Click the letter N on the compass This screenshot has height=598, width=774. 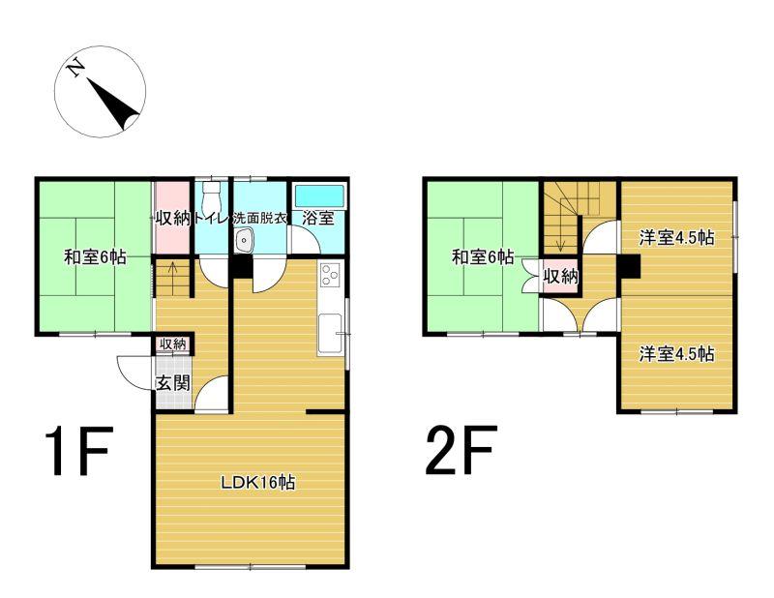tap(75, 68)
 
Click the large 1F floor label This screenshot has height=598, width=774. tap(79, 451)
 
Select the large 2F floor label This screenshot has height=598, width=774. tap(459, 450)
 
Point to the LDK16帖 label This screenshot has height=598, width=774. tap(257, 482)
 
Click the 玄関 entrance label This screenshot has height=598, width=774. tap(173, 382)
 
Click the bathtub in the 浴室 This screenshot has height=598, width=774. tap(319, 195)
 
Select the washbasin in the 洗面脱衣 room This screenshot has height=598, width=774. tap(244, 241)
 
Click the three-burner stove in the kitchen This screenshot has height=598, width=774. tap(329, 275)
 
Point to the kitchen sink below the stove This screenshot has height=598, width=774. tap(330, 333)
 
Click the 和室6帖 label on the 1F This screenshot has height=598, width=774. tap(95, 257)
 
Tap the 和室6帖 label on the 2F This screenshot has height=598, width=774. tap(483, 257)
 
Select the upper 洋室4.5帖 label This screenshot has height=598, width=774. tap(676, 238)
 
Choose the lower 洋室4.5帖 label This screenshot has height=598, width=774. tap(676, 353)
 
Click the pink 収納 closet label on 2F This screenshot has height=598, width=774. tap(561, 277)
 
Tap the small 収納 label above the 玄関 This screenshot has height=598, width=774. tap(173, 344)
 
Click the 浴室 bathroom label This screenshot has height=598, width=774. tap(318, 218)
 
